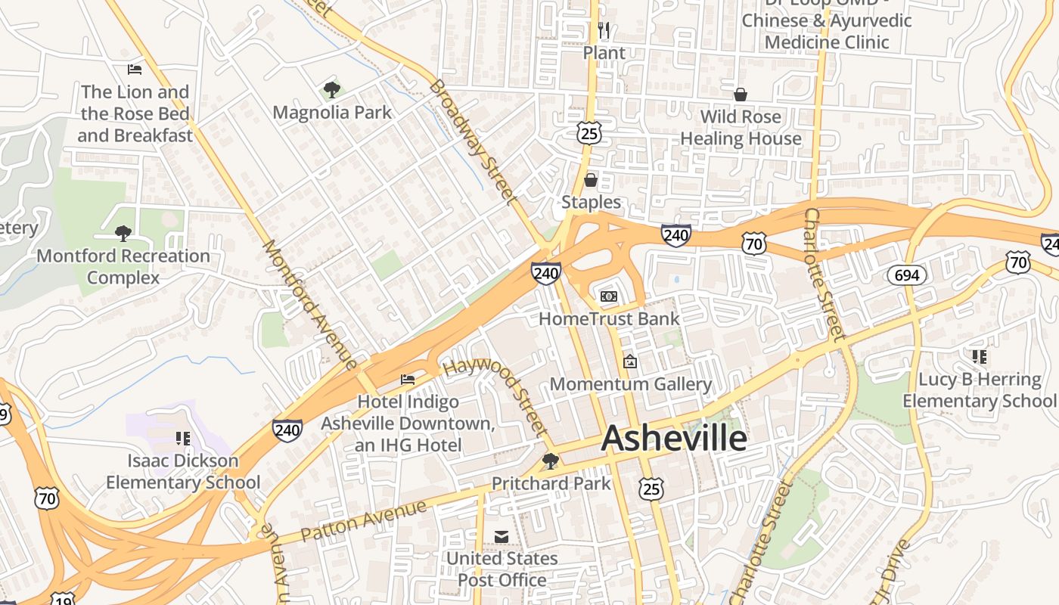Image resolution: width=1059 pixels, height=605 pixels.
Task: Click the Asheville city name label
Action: [x=674, y=439]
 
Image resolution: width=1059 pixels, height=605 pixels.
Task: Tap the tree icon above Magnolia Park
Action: [x=331, y=91]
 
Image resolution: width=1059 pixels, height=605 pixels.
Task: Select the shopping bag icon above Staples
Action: [x=591, y=180]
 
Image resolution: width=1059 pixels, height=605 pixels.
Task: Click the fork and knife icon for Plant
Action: [x=604, y=30]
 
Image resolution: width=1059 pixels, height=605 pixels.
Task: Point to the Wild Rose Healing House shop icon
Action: [x=741, y=95]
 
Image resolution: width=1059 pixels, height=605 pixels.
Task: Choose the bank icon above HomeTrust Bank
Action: [x=609, y=296]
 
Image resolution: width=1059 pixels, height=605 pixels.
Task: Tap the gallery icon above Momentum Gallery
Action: [x=629, y=362]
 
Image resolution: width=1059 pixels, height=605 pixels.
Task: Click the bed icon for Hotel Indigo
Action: [x=408, y=379]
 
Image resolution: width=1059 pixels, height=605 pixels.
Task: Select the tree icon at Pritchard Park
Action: [x=551, y=461]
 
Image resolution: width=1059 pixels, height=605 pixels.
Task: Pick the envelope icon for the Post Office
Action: [x=502, y=536]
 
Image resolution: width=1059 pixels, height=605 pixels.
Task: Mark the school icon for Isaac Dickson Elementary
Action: [x=182, y=438]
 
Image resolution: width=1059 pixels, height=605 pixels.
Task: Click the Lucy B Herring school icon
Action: [x=980, y=356]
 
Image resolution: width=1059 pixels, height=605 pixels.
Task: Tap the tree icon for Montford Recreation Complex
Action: [x=123, y=233]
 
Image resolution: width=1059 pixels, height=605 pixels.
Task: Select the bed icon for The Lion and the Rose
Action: [x=135, y=70]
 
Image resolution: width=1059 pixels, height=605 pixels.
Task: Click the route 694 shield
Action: [x=906, y=275]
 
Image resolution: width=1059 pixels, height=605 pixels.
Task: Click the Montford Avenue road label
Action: [x=309, y=305]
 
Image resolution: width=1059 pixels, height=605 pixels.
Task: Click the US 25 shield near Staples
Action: [x=589, y=134]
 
